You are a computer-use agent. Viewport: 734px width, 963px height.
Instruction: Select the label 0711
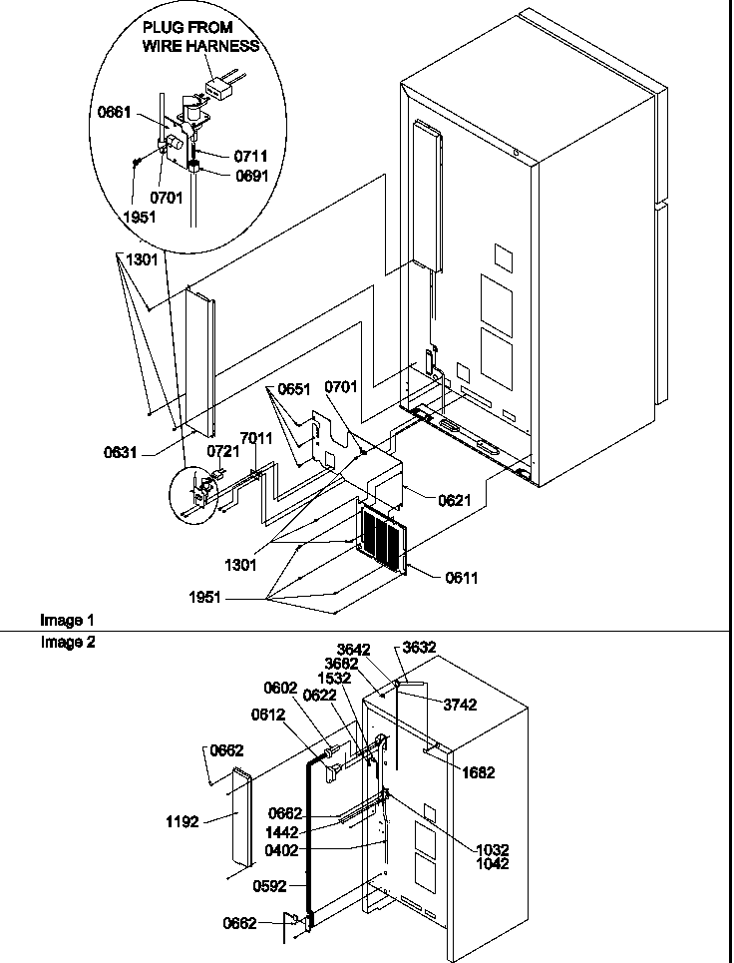coord(250,157)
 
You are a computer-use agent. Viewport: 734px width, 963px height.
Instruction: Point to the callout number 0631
coord(123,451)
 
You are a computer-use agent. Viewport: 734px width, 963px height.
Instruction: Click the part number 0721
coord(222,451)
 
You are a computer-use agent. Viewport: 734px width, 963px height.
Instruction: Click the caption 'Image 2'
coord(68,643)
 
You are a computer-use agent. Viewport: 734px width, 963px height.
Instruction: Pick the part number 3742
coord(460,705)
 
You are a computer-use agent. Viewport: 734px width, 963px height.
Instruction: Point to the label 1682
coord(478,772)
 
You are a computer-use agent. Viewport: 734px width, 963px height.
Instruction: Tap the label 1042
coord(492,864)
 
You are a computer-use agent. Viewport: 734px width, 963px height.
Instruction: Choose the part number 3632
coord(420,648)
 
